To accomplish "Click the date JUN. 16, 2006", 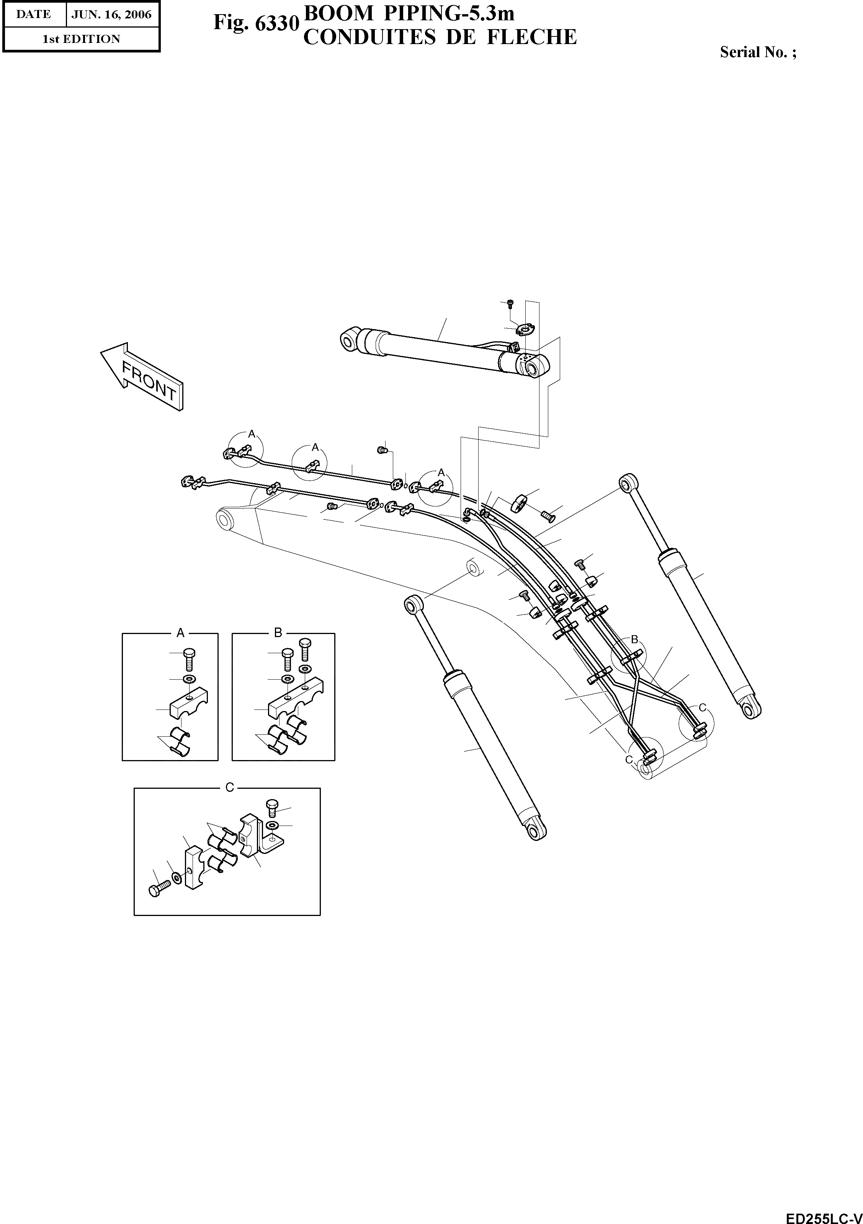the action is pyautogui.click(x=112, y=15).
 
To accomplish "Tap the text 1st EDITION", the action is pyautogui.click(x=82, y=39).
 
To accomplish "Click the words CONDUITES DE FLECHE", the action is pyautogui.click(x=440, y=37).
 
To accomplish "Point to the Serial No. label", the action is pyautogui.click(x=758, y=52).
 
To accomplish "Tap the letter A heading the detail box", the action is pyautogui.click(x=181, y=633).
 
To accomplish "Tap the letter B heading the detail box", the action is pyautogui.click(x=278, y=633).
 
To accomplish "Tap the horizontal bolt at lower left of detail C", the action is pyautogui.click(x=158, y=889).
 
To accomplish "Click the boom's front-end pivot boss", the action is pyautogui.click(x=226, y=520).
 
